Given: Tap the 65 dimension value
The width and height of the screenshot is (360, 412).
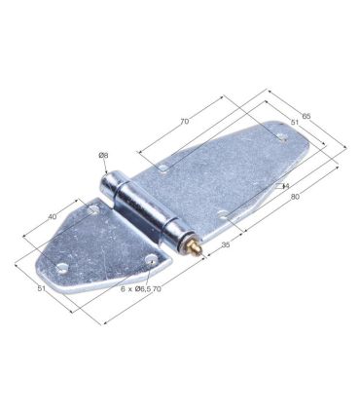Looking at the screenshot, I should [x=306, y=117].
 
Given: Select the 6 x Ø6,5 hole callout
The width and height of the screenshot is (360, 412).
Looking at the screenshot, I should [x=134, y=288].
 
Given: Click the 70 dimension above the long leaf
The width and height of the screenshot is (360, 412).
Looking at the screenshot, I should [x=184, y=122].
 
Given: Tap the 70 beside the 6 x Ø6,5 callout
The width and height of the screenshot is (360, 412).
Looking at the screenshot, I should [x=157, y=288].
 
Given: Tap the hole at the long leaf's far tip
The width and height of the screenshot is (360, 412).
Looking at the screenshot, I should [x=282, y=140].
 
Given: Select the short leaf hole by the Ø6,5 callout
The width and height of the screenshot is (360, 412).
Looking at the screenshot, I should [x=152, y=259].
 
